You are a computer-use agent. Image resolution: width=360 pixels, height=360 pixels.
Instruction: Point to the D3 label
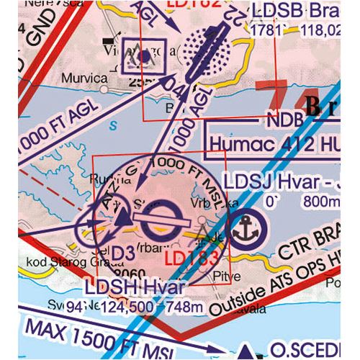pos(120,253)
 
